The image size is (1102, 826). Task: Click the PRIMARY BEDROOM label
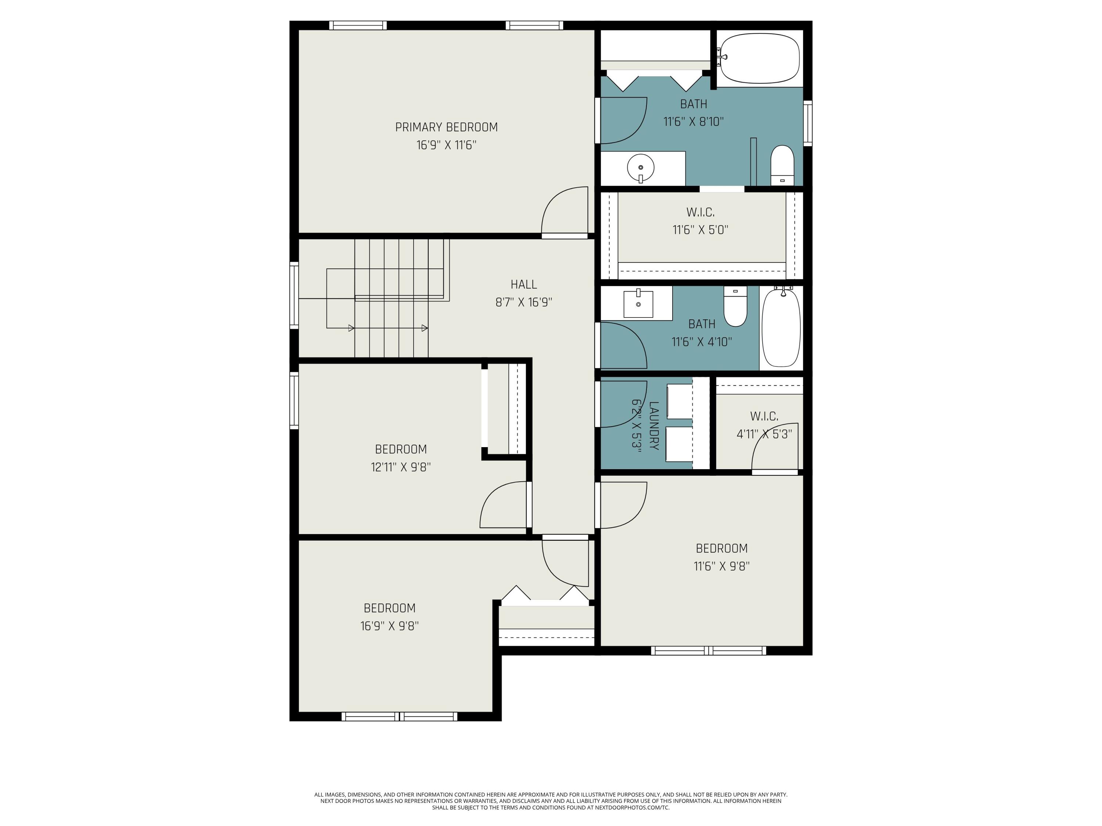[446, 127]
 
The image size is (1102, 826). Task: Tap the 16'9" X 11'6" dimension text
[446, 145]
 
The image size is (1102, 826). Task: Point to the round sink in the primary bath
[641, 168]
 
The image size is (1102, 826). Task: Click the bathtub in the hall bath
[781, 329]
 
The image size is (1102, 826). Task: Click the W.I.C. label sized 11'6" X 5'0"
[701, 213]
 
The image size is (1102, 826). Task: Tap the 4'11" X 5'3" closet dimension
[764, 434]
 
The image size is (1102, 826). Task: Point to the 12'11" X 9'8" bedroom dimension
[400, 467]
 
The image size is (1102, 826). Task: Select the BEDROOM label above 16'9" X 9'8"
[390, 608]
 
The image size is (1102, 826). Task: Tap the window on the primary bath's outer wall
[807, 123]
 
